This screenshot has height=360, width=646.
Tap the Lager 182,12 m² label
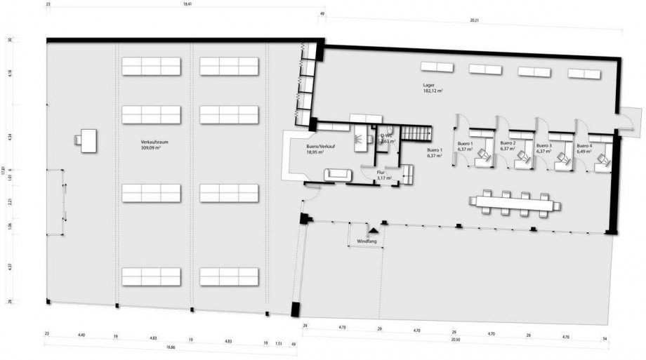(432, 88)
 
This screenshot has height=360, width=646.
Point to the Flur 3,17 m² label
(383, 176)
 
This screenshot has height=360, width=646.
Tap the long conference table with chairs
(515, 204)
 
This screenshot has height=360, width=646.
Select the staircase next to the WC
(421, 133)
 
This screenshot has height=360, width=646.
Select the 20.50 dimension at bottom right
(456, 339)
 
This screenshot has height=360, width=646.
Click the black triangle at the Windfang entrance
(374, 229)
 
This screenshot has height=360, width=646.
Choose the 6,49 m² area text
(585, 151)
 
